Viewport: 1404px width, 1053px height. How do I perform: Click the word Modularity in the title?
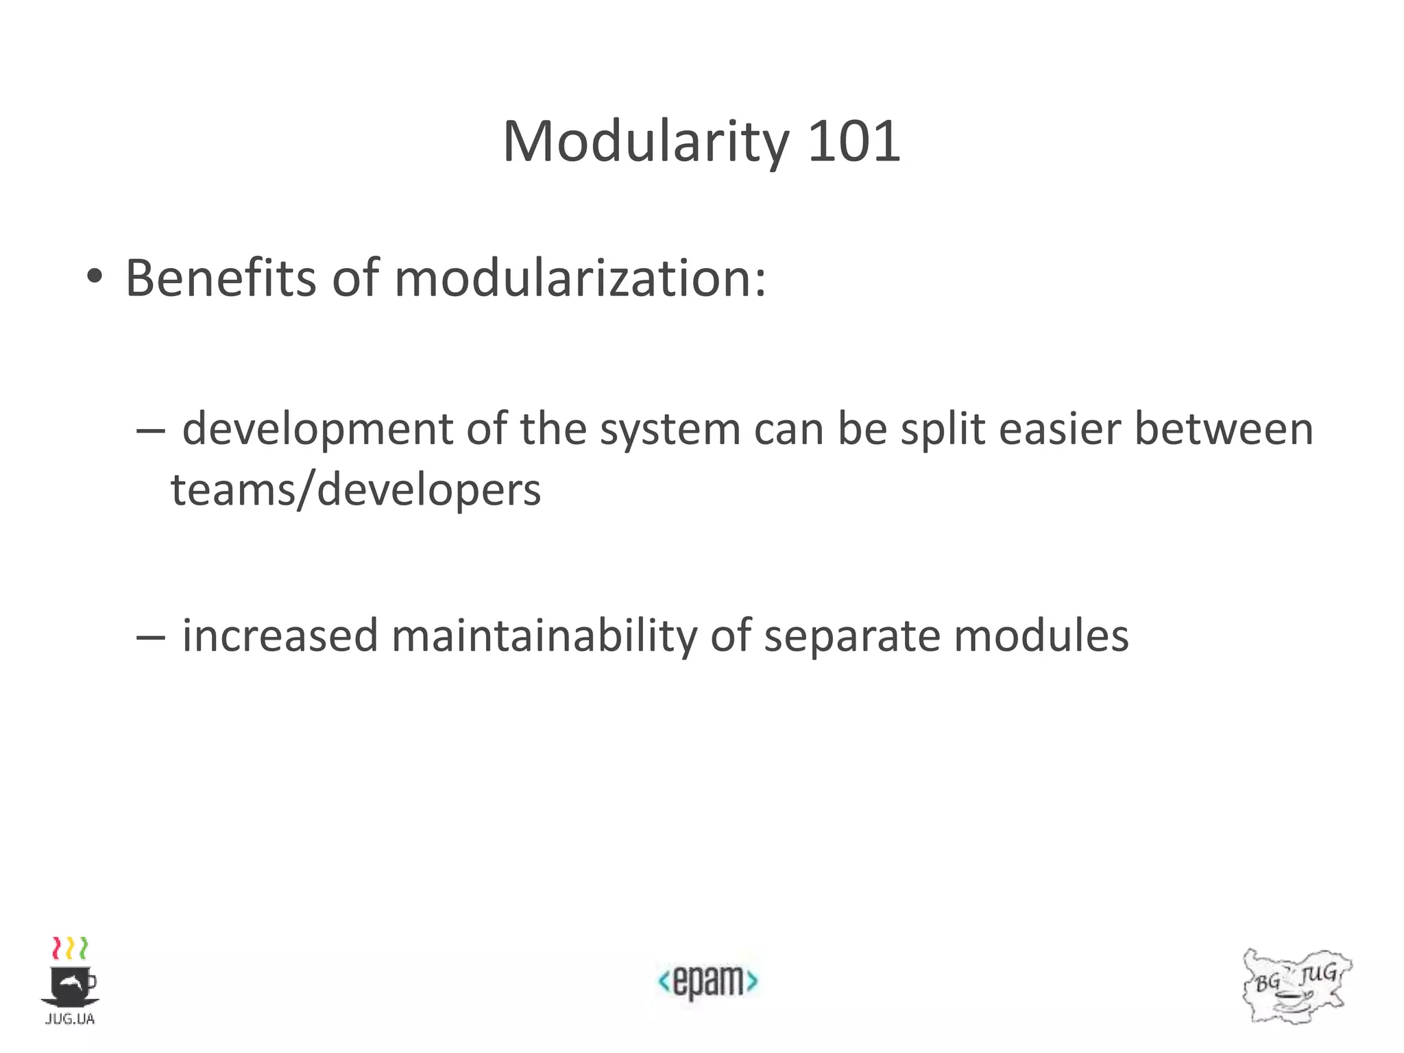click(646, 142)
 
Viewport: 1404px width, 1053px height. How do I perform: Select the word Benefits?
click(221, 278)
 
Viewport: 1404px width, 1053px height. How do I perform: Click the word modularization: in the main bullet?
click(580, 278)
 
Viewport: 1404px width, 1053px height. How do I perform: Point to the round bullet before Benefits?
click(95, 278)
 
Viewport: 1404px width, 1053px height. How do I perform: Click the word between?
click(1223, 428)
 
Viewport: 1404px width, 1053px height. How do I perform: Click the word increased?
click(280, 636)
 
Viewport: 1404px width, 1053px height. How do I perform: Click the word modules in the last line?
click(1041, 636)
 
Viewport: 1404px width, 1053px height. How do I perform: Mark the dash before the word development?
click(150, 431)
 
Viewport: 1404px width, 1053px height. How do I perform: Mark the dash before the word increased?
click(150, 638)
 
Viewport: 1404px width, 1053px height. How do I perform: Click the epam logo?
click(707, 981)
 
